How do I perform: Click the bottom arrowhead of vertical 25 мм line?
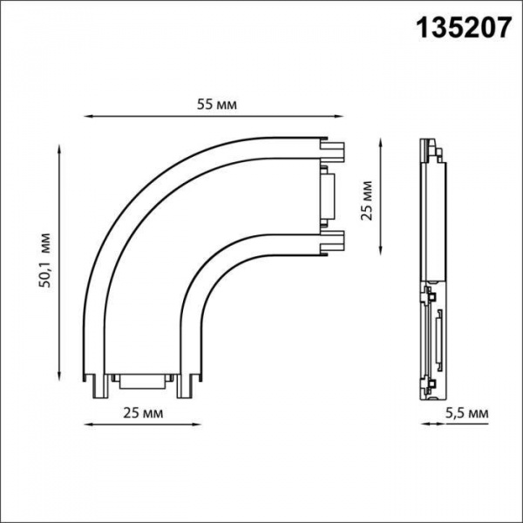click(381, 252)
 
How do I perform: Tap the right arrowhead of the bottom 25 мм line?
click(198, 425)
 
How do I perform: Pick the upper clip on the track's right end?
click(335, 153)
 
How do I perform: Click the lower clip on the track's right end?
click(335, 239)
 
